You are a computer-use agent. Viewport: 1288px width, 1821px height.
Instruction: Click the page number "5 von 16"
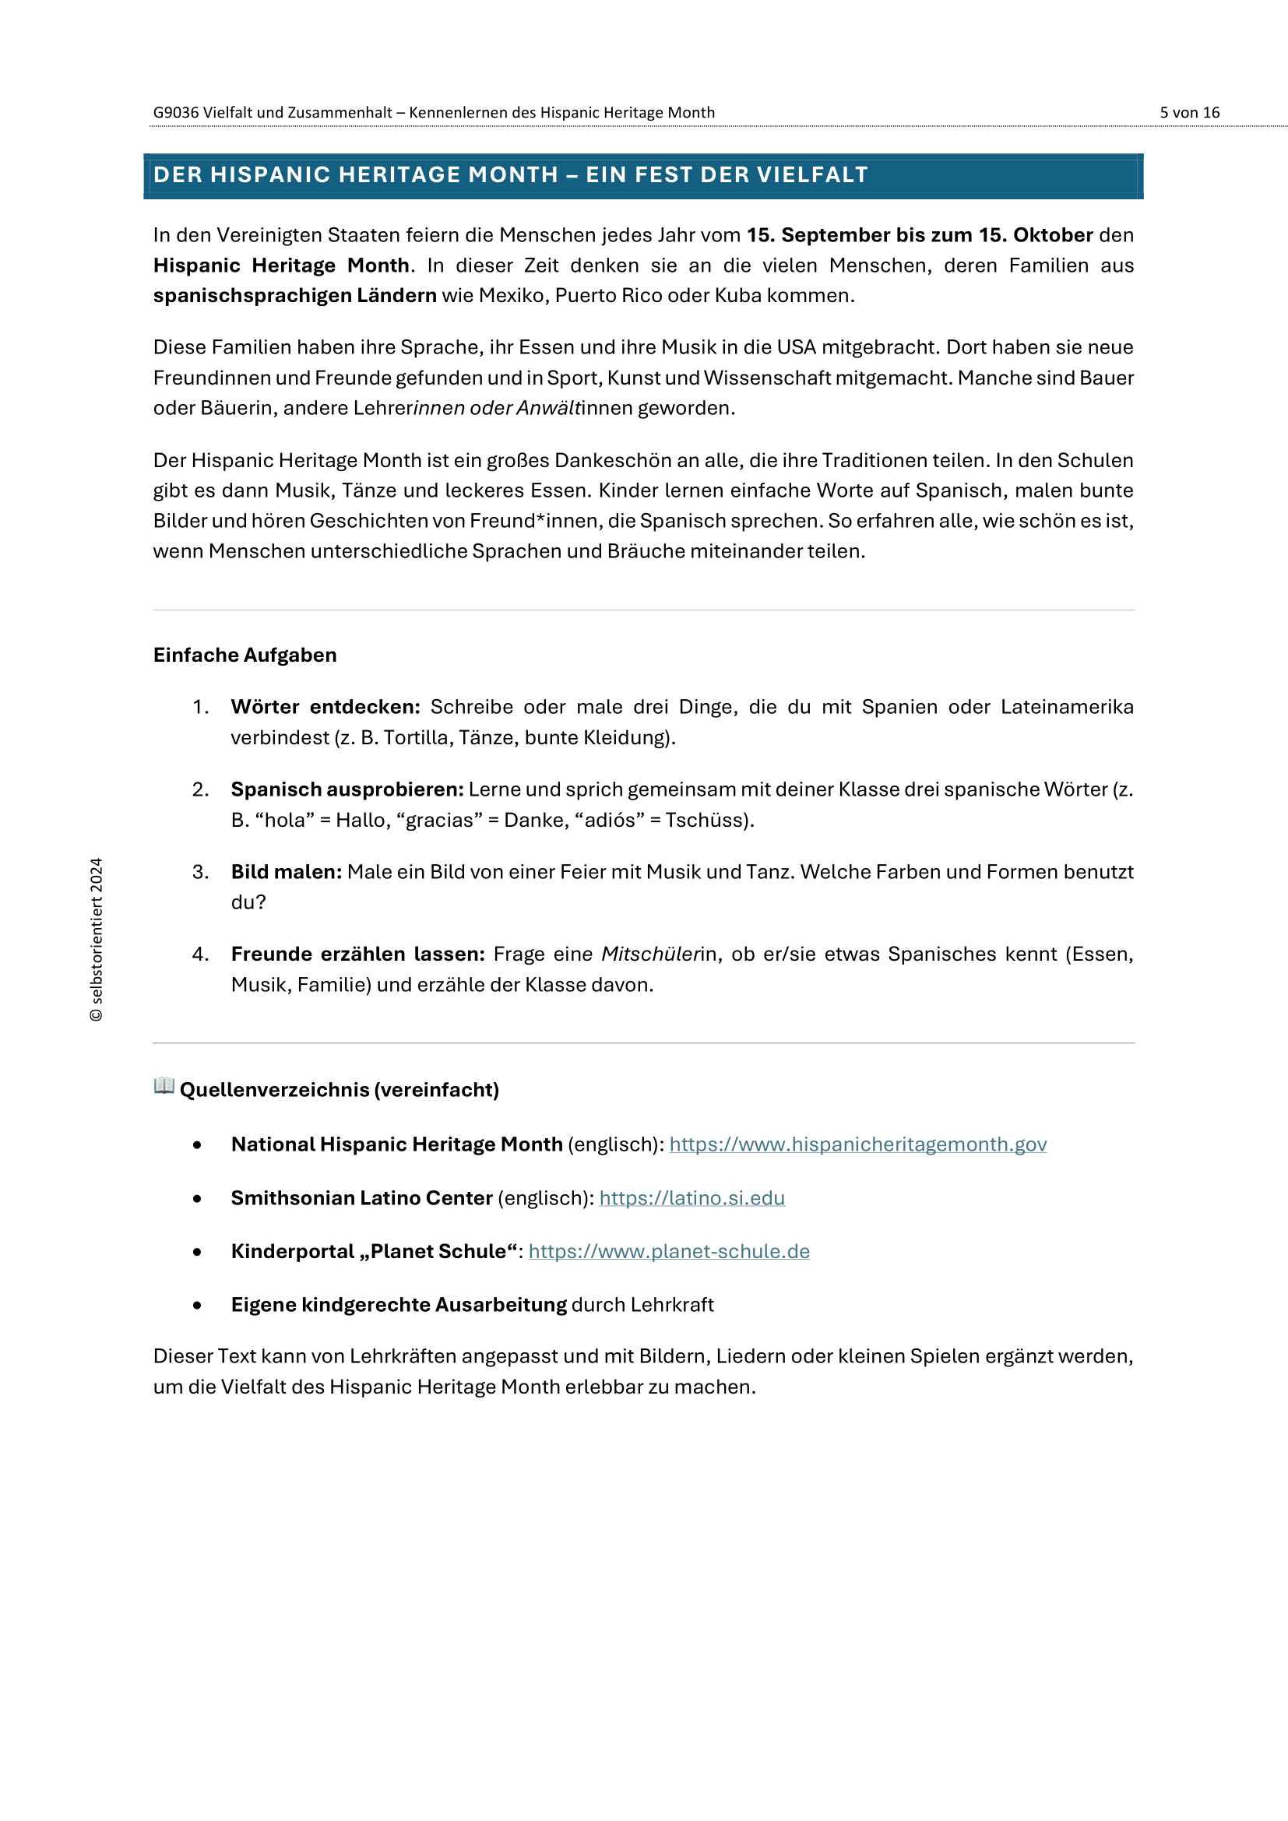pos(1189,113)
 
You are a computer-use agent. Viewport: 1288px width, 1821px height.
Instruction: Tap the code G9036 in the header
pos(175,113)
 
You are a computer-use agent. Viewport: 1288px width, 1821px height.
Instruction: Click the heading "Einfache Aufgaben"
pos(245,655)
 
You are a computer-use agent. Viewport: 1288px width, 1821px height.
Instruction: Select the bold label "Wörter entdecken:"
pos(326,708)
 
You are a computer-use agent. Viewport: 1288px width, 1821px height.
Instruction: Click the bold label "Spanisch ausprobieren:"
pos(347,790)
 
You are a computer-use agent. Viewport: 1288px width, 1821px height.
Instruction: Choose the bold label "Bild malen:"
pos(287,873)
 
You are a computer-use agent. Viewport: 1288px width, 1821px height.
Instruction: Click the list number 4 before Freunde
pos(199,954)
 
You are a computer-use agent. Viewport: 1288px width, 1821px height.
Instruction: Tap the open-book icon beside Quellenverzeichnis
pos(164,1086)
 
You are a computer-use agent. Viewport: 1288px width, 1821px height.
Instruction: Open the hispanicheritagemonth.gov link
pos(857,1144)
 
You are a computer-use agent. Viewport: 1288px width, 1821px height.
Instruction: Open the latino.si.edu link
pos(692,1198)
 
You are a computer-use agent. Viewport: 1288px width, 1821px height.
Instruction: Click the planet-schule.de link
pos(669,1252)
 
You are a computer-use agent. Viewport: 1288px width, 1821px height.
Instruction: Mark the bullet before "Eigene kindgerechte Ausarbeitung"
pos(197,1306)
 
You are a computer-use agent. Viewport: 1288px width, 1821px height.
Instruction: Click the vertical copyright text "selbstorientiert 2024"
pos(97,939)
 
